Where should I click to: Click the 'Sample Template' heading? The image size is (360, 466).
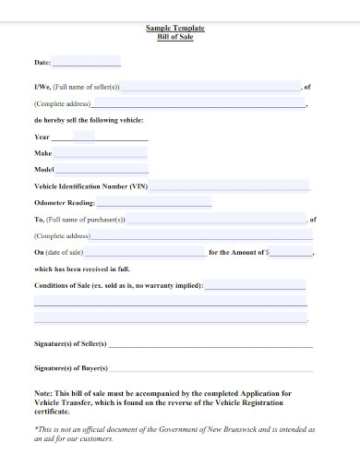tap(174, 29)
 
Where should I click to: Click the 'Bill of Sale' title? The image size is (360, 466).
tap(174, 37)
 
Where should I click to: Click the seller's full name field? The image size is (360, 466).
tap(211, 87)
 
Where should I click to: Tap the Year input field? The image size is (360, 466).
tap(83, 137)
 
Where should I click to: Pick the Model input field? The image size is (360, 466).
tap(102, 170)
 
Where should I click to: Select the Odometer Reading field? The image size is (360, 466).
tap(153, 202)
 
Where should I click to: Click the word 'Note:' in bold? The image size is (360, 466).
tap(44, 392)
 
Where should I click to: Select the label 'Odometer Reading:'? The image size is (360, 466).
tap(64, 203)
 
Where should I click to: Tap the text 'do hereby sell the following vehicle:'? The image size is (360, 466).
tap(89, 120)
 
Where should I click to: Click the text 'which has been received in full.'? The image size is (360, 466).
tap(81, 269)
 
